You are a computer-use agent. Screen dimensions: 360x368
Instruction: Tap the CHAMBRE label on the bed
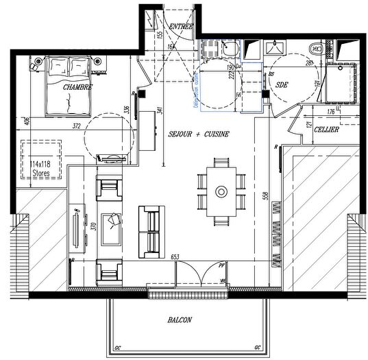[77, 88]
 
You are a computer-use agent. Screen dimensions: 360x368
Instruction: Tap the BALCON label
[180, 320]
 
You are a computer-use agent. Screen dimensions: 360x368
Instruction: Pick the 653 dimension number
[177, 255]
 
